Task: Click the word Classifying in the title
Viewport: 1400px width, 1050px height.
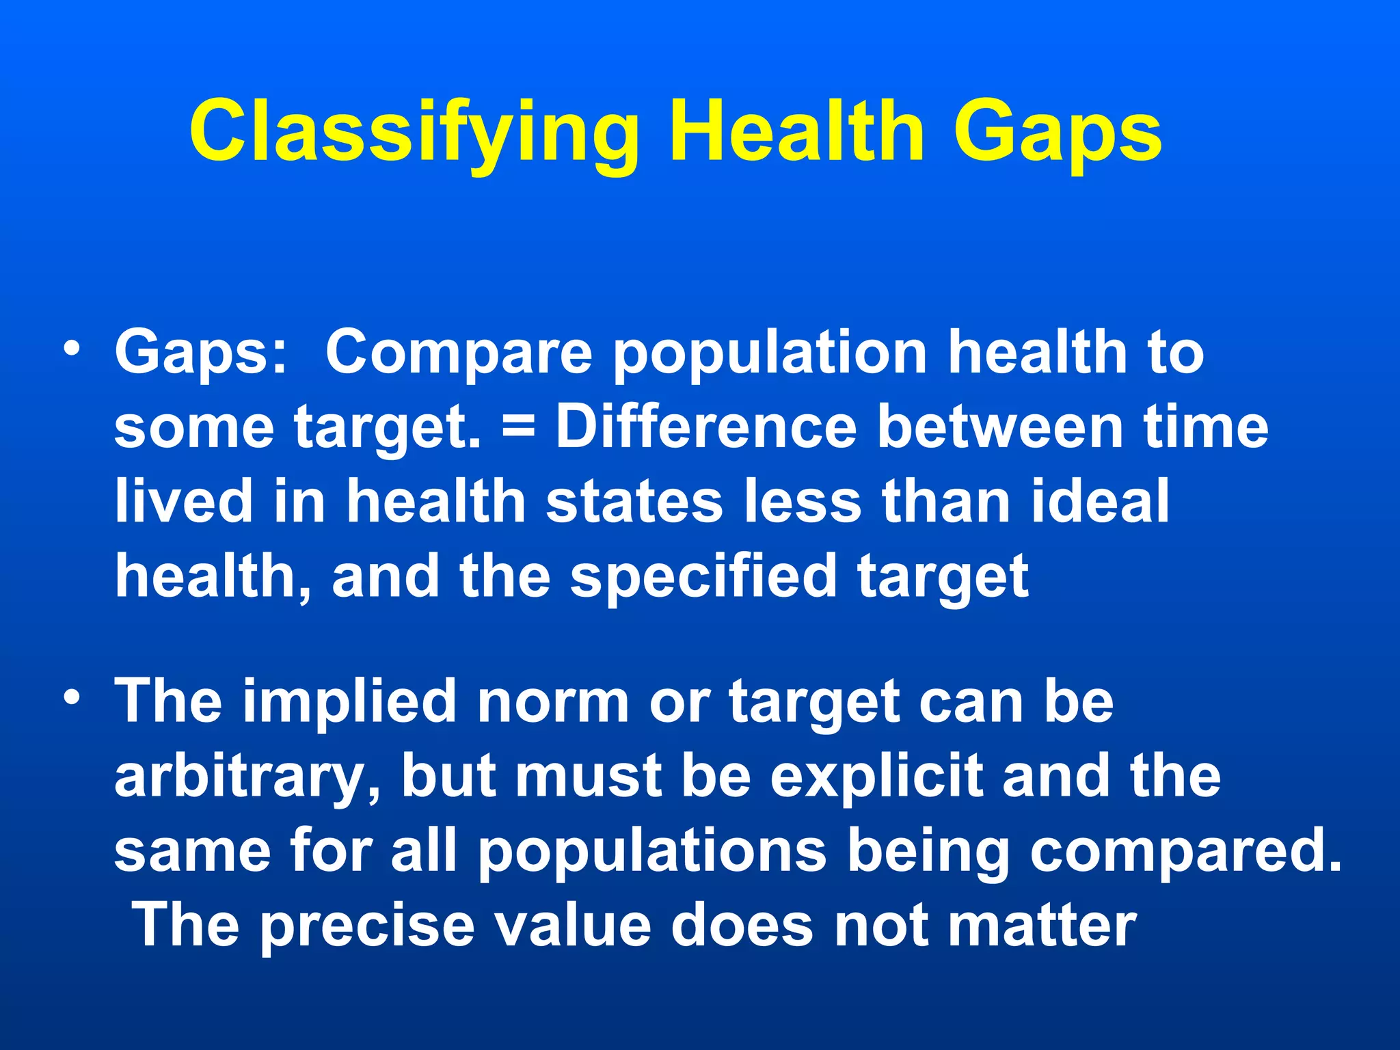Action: [414, 131]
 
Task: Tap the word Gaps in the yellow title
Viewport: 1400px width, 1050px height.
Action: [1056, 131]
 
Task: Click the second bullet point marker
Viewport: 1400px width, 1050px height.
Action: [71, 698]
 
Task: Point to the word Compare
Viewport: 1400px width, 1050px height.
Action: [458, 353]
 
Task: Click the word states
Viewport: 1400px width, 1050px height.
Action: [634, 501]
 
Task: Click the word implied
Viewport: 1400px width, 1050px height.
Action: [349, 702]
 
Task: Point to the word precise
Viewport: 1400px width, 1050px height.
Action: [367, 926]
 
